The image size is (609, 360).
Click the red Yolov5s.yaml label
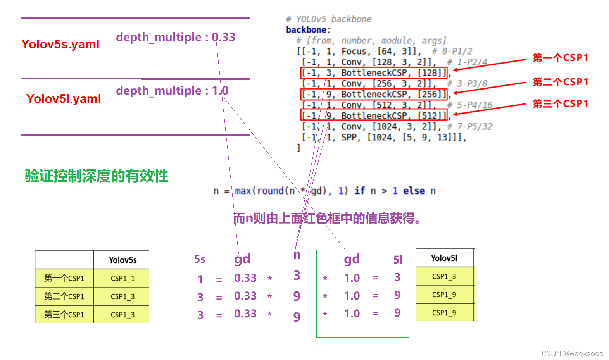coord(60,44)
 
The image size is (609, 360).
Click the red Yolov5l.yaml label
coord(64,99)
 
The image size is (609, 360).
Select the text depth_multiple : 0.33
coord(175,37)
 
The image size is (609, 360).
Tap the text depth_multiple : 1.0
coord(172,91)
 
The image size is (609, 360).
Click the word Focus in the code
coord(354,52)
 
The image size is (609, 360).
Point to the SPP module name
coord(350,138)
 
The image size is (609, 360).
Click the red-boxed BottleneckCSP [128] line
coord(374,73)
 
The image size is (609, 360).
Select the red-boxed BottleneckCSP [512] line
coord(374,115)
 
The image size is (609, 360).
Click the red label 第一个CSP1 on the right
coord(560,58)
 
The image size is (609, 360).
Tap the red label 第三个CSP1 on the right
coord(560,104)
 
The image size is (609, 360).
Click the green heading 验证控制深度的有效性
coord(96,176)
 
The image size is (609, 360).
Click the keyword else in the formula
coord(414,191)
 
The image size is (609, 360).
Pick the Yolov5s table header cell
coord(122,260)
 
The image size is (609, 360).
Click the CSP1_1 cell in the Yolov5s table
coord(122,278)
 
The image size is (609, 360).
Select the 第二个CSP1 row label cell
coord(64,296)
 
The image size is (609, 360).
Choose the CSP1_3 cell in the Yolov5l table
coord(444,277)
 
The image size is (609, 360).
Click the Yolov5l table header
coord(444,258)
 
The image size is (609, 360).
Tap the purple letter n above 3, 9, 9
coord(297,255)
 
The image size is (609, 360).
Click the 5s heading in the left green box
coord(200,259)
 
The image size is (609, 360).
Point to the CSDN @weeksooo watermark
coord(572,353)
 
